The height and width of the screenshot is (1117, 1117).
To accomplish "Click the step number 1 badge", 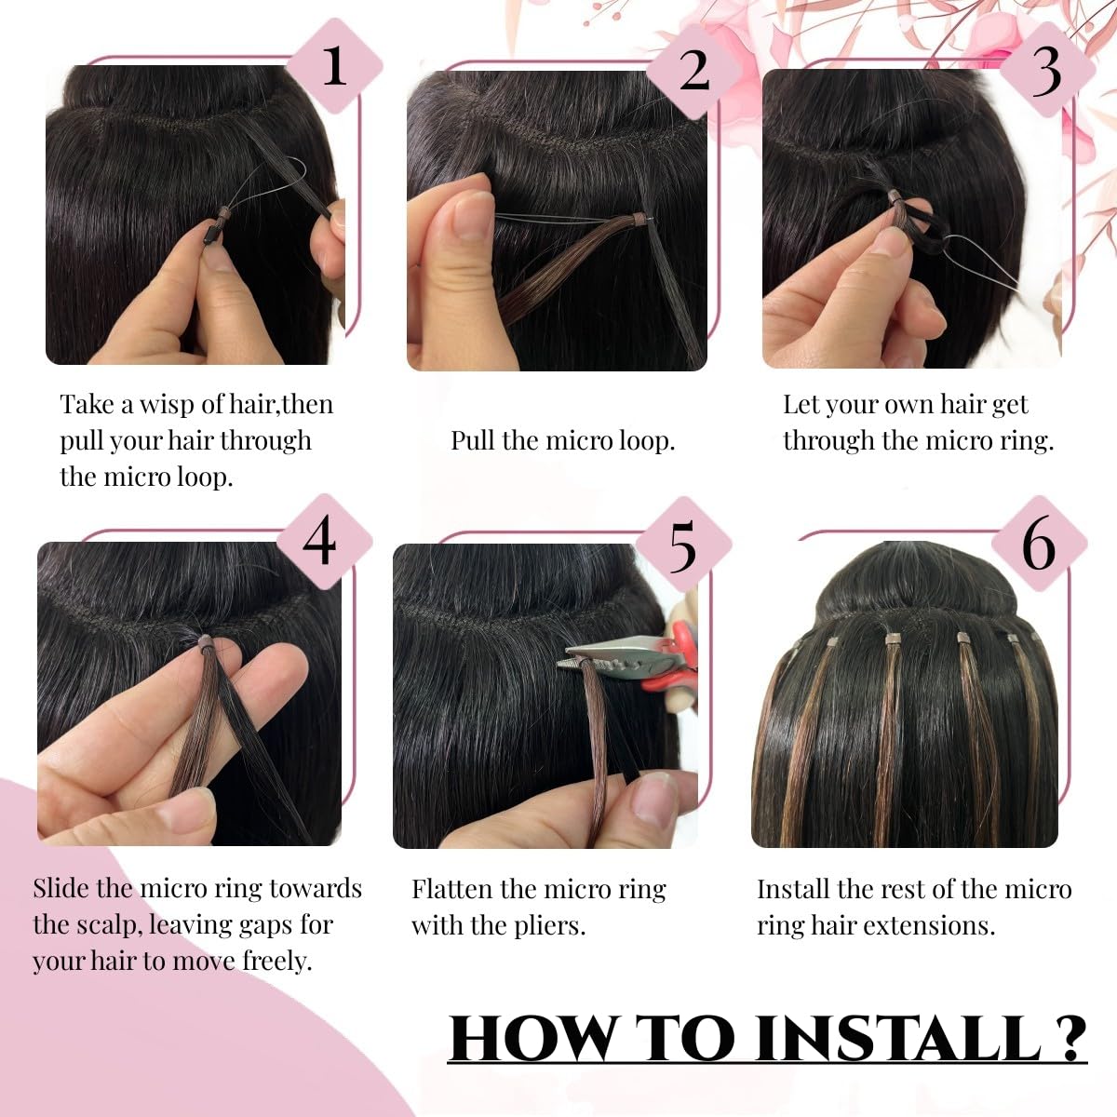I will pos(334,66).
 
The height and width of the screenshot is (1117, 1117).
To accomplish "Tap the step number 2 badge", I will pos(693,71).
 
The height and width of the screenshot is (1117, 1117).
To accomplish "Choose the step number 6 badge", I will pos(1038,545).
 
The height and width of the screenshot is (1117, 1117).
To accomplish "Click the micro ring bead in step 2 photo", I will pos(638,220).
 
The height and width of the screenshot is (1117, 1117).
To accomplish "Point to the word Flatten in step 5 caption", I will pos(452,889).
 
